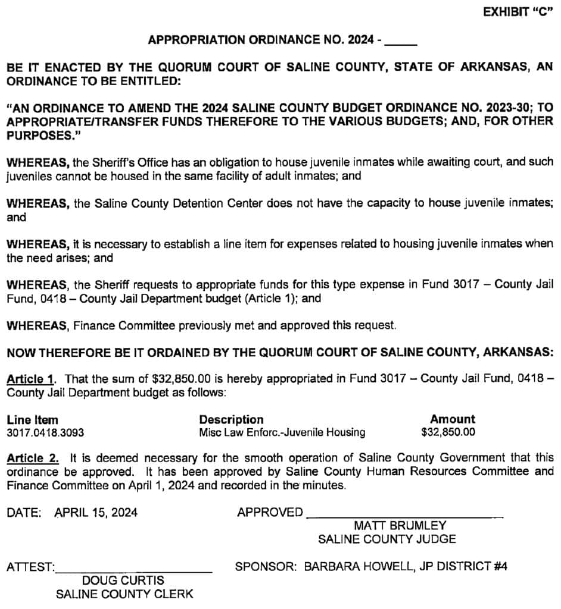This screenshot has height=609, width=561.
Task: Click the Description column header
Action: tap(231, 419)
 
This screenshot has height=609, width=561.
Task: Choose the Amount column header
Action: tap(453, 419)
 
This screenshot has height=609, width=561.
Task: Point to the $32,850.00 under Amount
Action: tap(448, 432)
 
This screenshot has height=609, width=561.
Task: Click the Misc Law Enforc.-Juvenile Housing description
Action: tap(282, 432)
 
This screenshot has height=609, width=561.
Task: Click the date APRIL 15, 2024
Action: tap(96, 513)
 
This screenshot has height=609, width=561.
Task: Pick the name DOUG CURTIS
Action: tap(123, 580)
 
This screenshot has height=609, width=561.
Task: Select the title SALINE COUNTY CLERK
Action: tap(124, 594)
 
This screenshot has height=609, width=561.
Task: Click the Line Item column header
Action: tap(32, 419)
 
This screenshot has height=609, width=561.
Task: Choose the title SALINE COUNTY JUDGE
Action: tap(387, 539)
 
